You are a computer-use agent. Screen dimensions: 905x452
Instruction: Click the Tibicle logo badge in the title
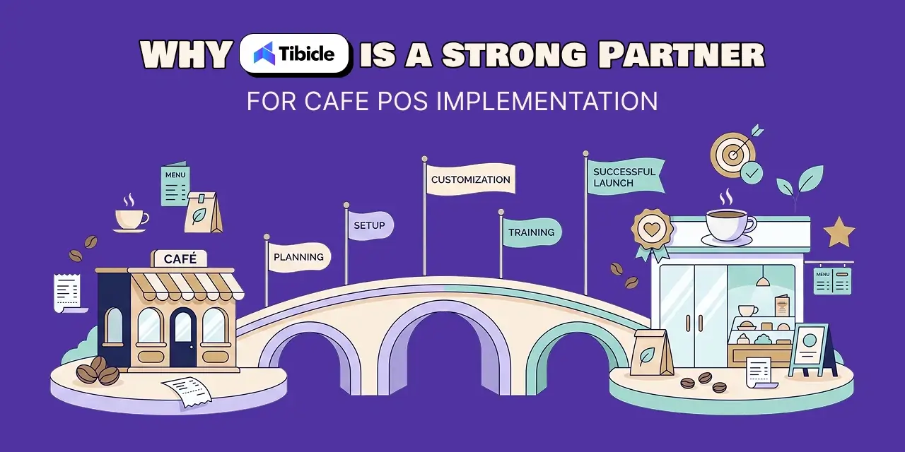click(295, 54)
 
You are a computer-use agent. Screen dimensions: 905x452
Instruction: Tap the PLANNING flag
click(299, 257)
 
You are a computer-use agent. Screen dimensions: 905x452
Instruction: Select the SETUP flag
click(370, 225)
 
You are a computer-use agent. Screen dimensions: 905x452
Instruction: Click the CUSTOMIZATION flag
click(471, 179)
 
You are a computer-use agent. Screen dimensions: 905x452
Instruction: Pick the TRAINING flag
click(532, 232)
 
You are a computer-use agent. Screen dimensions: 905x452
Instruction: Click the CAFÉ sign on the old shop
click(180, 258)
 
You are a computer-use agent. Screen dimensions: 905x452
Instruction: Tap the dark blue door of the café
click(183, 338)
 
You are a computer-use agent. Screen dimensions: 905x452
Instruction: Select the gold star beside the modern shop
click(839, 233)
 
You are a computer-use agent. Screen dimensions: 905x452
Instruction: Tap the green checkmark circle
click(752, 173)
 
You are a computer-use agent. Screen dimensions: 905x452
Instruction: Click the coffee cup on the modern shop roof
click(728, 226)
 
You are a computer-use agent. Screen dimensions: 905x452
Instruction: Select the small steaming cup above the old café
click(130, 220)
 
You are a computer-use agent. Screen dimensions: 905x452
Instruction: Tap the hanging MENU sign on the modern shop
click(832, 281)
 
